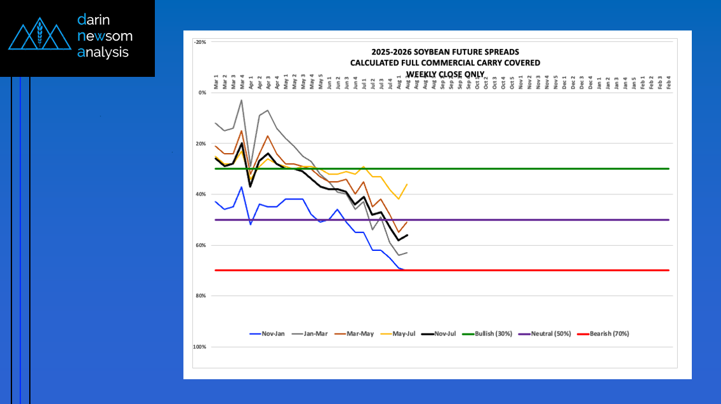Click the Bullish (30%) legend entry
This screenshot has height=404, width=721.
click(496, 333)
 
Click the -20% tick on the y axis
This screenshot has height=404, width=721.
click(200, 42)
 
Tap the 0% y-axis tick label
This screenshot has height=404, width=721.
click(202, 93)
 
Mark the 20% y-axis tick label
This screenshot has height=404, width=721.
click(201, 144)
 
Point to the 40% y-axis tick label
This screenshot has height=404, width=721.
click(201, 194)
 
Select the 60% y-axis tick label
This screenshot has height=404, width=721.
click(201, 245)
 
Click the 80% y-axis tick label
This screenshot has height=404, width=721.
click(201, 296)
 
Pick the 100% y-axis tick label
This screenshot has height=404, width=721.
click(200, 347)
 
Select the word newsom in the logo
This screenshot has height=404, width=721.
click(105, 36)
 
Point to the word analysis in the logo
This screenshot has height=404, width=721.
click(103, 52)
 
